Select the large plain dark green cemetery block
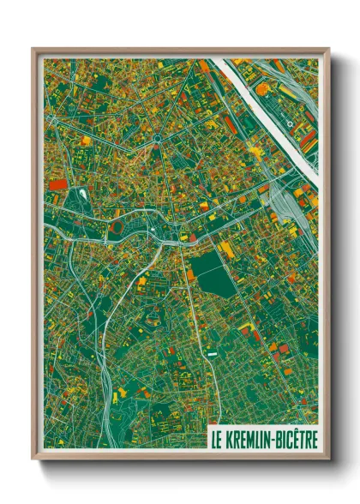[x=211, y=268]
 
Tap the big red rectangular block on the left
[x=57, y=183]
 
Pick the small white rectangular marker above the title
[x=211, y=351]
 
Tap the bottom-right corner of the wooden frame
[x=328, y=459]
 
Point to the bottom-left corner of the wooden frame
[x=33, y=459]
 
